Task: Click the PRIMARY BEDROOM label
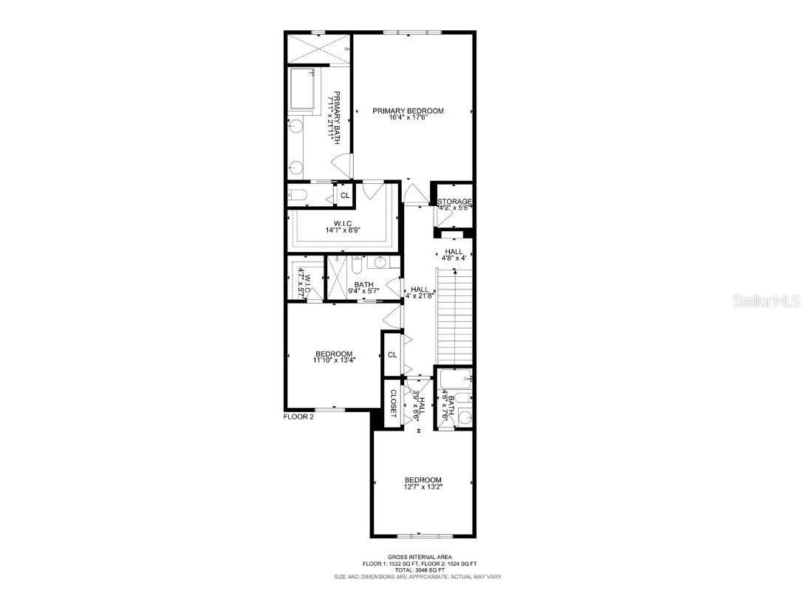(408, 111)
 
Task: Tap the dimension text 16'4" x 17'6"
(408, 118)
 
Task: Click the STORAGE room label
(454, 202)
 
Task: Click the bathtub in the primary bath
(303, 89)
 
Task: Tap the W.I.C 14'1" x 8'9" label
(341, 226)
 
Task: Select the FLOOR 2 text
(298, 417)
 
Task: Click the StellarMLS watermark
(768, 301)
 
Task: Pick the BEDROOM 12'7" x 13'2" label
(423, 483)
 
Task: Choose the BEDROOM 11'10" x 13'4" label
(334, 357)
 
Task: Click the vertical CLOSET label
(393, 401)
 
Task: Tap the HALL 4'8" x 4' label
(454, 255)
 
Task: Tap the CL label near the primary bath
(344, 195)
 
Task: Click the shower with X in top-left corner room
(318, 48)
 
